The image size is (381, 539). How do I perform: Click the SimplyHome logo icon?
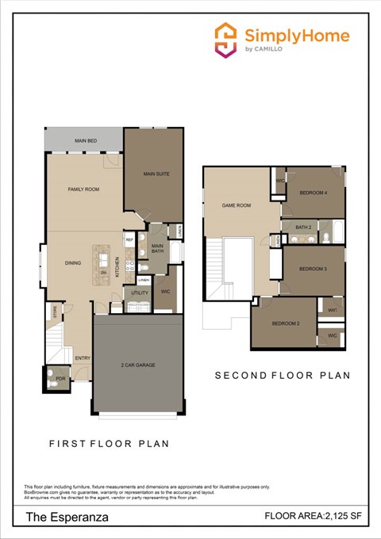tap(226, 40)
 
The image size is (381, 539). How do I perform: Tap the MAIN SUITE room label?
tap(156, 174)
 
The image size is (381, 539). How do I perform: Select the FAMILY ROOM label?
tap(83, 189)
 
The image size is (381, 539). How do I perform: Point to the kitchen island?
tap(102, 261)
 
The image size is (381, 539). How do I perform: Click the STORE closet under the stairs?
tap(55, 314)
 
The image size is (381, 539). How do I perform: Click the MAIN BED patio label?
tap(86, 140)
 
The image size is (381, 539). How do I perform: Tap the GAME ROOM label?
tap(236, 205)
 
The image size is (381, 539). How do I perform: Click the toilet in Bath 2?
tap(324, 238)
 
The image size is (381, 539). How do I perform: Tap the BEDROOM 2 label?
tap(286, 323)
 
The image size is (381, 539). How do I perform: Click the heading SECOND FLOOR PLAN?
tap(283, 375)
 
